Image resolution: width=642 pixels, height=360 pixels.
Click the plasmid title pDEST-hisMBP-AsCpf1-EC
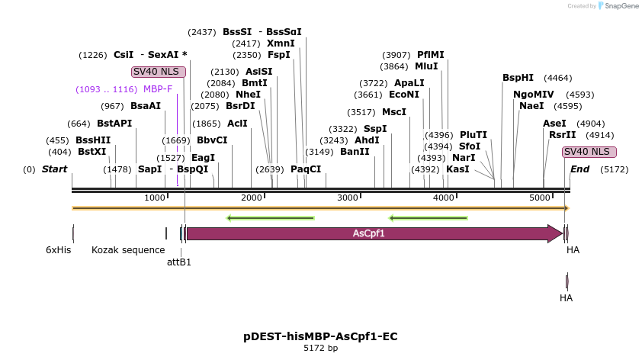pos(320,336)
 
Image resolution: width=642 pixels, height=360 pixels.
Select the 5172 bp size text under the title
pos(320,349)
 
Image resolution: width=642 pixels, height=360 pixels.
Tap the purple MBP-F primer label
pos(158,89)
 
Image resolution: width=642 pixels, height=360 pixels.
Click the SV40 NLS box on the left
pos(154,72)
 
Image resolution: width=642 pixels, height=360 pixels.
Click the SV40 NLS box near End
pos(589,152)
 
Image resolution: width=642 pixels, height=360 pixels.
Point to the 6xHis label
pos(58,249)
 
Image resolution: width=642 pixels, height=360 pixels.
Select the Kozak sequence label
pos(128,249)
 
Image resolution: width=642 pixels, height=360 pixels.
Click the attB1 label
pos(179,262)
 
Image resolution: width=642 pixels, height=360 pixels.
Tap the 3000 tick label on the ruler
pos(348,198)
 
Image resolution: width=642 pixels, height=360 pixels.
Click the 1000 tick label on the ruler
pos(155,198)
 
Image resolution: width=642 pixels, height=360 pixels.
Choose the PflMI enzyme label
pos(430,55)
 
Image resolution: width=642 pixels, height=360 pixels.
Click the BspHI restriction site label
pos(518,78)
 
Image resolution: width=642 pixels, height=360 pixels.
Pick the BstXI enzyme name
pos(92,152)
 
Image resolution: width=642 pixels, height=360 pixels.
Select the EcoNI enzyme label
pos(404,95)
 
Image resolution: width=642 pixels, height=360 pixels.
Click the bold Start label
pos(54,169)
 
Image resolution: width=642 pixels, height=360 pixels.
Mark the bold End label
pos(579,169)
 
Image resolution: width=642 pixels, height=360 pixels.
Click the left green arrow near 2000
pos(271,219)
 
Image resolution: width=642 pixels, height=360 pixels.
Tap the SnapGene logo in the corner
pos(618,6)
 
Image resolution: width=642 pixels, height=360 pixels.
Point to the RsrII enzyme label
pos(562,134)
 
